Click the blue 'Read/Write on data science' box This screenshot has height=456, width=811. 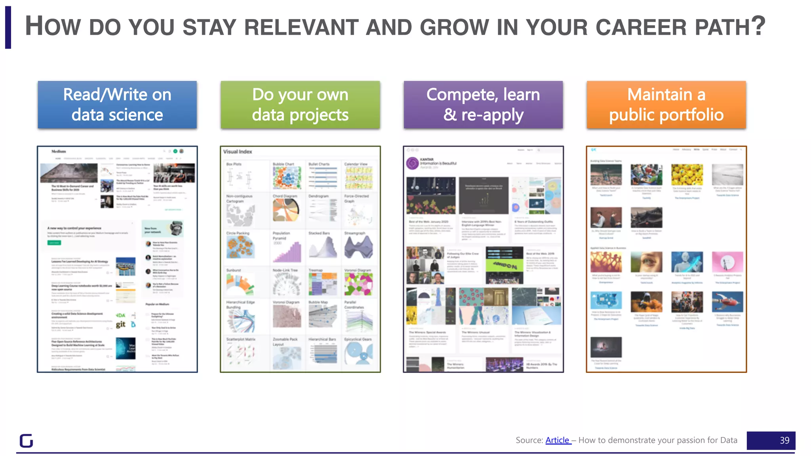point(117,105)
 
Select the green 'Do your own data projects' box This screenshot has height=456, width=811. point(300,105)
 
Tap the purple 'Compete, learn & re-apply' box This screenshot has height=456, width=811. point(483,105)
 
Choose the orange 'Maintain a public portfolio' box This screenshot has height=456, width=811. point(666,105)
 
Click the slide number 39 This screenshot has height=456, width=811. point(784,441)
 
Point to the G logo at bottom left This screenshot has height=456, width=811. point(27,441)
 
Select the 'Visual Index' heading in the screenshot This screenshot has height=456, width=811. point(238,152)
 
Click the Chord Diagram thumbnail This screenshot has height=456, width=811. point(286,210)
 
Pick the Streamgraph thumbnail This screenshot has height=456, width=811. point(358,247)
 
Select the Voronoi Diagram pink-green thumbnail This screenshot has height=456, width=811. point(358,284)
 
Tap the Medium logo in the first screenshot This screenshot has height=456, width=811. point(59,151)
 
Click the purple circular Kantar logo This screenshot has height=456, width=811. point(413,163)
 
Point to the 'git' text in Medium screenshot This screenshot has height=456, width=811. point(121,325)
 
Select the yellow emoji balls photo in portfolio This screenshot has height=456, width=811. point(687,175)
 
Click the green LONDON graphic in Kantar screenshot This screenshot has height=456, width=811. point(504,266)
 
